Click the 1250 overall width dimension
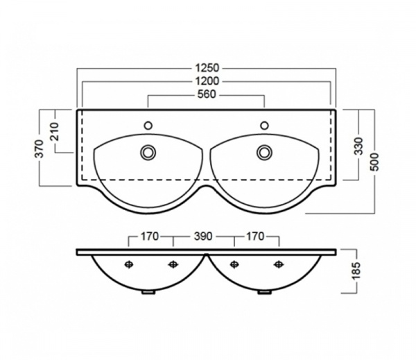(x=207, y=68)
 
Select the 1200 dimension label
(x=207, y=81)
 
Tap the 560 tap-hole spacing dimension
(x=207, y=94)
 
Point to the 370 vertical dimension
(x=40, y=148)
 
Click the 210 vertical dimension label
(x=55, y=131)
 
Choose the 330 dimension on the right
(x=358, y=146)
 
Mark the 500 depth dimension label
(x=374, y=162)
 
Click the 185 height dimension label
(x=357, y=271)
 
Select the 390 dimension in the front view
(x=203, y=236)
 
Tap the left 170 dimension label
(x=149, y=236)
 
